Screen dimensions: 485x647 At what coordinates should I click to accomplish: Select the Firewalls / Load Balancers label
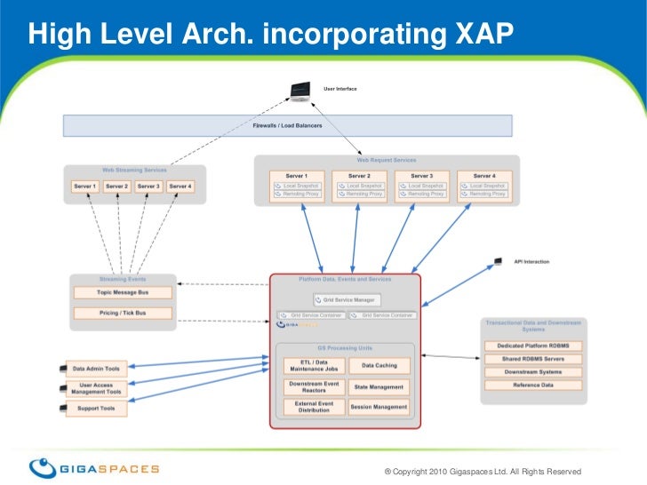pyautogui.click(x=287, y=126)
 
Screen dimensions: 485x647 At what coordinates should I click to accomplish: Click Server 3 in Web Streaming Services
pyautogui.click(x=148, y=187)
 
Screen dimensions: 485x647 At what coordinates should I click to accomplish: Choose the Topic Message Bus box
pyautogui.click(x=123, y=292)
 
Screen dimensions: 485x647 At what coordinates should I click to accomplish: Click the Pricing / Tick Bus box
pyautogui.click(x=123, y=313)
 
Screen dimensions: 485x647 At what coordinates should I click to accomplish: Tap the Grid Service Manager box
pyautogui.click(x=347, y=299)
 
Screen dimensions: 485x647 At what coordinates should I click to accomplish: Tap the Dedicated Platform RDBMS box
pyautogui.click(x=532, y=346)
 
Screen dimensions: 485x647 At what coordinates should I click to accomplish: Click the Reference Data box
pyautogui.click(x=532, y=385)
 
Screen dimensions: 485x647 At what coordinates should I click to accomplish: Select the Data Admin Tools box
pyautogui.click(x=96, y=369)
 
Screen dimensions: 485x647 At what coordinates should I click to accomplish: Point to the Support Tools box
pyautogui.click(x=96, y=409)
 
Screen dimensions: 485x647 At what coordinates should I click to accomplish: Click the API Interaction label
pyautogui.click(x=531, y=262)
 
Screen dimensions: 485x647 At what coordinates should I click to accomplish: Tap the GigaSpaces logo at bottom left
pyautogui.click(x=94, y=467)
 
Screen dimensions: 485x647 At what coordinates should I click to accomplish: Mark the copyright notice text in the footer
pyautogui.click(x=481, y=471)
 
